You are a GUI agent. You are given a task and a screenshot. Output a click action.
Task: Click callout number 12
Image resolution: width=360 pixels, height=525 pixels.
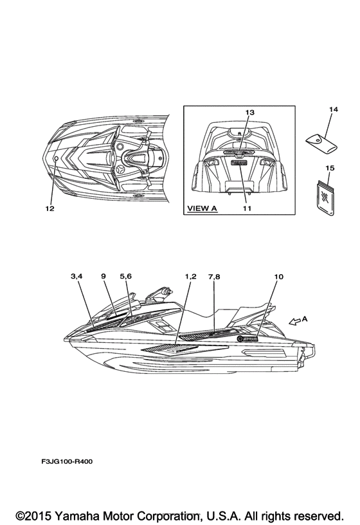click(50, 208)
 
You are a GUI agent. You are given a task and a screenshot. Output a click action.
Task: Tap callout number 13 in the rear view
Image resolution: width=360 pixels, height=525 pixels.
click(250, 112)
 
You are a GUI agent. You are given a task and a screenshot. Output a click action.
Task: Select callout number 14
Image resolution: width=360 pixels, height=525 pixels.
click(333, 109)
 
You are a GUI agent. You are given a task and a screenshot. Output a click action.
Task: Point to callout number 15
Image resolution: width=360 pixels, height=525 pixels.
click(330, 168)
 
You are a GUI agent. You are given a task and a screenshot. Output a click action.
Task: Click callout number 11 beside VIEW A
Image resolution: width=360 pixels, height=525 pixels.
click(247, 208)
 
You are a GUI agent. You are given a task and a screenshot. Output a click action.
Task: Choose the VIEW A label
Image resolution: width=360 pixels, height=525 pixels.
click(202, 208)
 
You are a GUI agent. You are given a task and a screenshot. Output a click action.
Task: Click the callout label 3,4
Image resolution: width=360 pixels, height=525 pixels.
click(76, 276)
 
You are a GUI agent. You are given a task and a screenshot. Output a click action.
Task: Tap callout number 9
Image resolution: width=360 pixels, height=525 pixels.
click(104, 276)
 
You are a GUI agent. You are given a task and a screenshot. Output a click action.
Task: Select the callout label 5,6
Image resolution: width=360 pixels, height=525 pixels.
click(126, 276)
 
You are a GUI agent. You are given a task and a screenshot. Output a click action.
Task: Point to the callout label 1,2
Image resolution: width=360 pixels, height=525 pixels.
click(191, 276)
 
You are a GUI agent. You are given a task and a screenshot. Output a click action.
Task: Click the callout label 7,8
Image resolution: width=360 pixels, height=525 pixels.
click(214, 277)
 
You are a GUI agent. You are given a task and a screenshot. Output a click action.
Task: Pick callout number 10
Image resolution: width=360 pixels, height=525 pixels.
click(279, 277)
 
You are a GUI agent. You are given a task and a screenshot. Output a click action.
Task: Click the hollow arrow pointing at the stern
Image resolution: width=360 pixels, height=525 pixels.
click(294, 322)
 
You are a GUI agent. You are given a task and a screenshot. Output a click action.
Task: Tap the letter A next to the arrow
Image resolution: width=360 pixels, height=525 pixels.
click(305, 319)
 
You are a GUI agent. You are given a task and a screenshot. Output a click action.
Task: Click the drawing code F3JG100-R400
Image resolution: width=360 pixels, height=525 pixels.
click(67, 461)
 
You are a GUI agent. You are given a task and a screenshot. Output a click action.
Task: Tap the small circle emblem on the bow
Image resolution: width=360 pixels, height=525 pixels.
click(57, 158)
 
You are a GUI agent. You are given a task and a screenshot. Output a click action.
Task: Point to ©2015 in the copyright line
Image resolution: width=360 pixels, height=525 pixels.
click(34, 515)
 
